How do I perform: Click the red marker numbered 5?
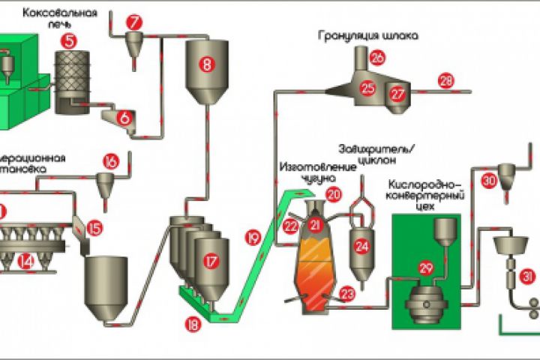click(70, 42)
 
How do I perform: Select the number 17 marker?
click(211, 261)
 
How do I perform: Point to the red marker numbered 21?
click(315, 224)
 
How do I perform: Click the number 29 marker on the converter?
click(427, 268)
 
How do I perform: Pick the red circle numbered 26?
click(377, 57)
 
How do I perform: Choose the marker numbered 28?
click(447, 80)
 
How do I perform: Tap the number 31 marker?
click(529, 277)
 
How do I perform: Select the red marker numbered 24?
click(362, 244)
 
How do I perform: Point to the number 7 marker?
click(133, 22)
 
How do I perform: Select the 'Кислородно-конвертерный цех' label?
click(427, 192)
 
